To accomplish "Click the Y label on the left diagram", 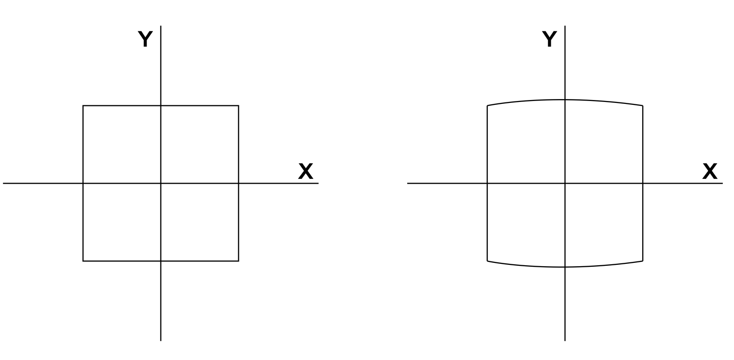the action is point(145,39).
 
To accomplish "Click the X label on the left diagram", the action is point(306,172).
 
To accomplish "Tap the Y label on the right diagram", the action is point(549,39).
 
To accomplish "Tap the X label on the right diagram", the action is point(710,172).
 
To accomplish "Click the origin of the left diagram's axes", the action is point(161,184).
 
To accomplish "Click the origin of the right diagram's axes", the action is point(565,184).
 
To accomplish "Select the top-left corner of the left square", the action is point(83,106).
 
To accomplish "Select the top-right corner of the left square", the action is point(238,106).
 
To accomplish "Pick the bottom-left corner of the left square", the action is point(83,261).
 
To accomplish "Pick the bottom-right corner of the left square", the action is point(238,261).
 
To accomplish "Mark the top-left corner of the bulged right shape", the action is point(487,105).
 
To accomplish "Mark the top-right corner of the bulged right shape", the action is point(643,105).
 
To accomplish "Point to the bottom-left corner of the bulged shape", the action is point(487,261).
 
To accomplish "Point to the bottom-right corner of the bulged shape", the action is point(643,261).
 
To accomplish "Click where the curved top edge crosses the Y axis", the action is point(565,100).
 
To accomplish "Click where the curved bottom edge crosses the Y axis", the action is point(565,267).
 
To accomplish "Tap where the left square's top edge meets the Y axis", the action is point(161,106).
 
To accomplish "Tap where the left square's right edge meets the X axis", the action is point(238,184).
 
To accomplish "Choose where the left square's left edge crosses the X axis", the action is point(83,184).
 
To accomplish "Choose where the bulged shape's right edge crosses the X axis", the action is point(643,184).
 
